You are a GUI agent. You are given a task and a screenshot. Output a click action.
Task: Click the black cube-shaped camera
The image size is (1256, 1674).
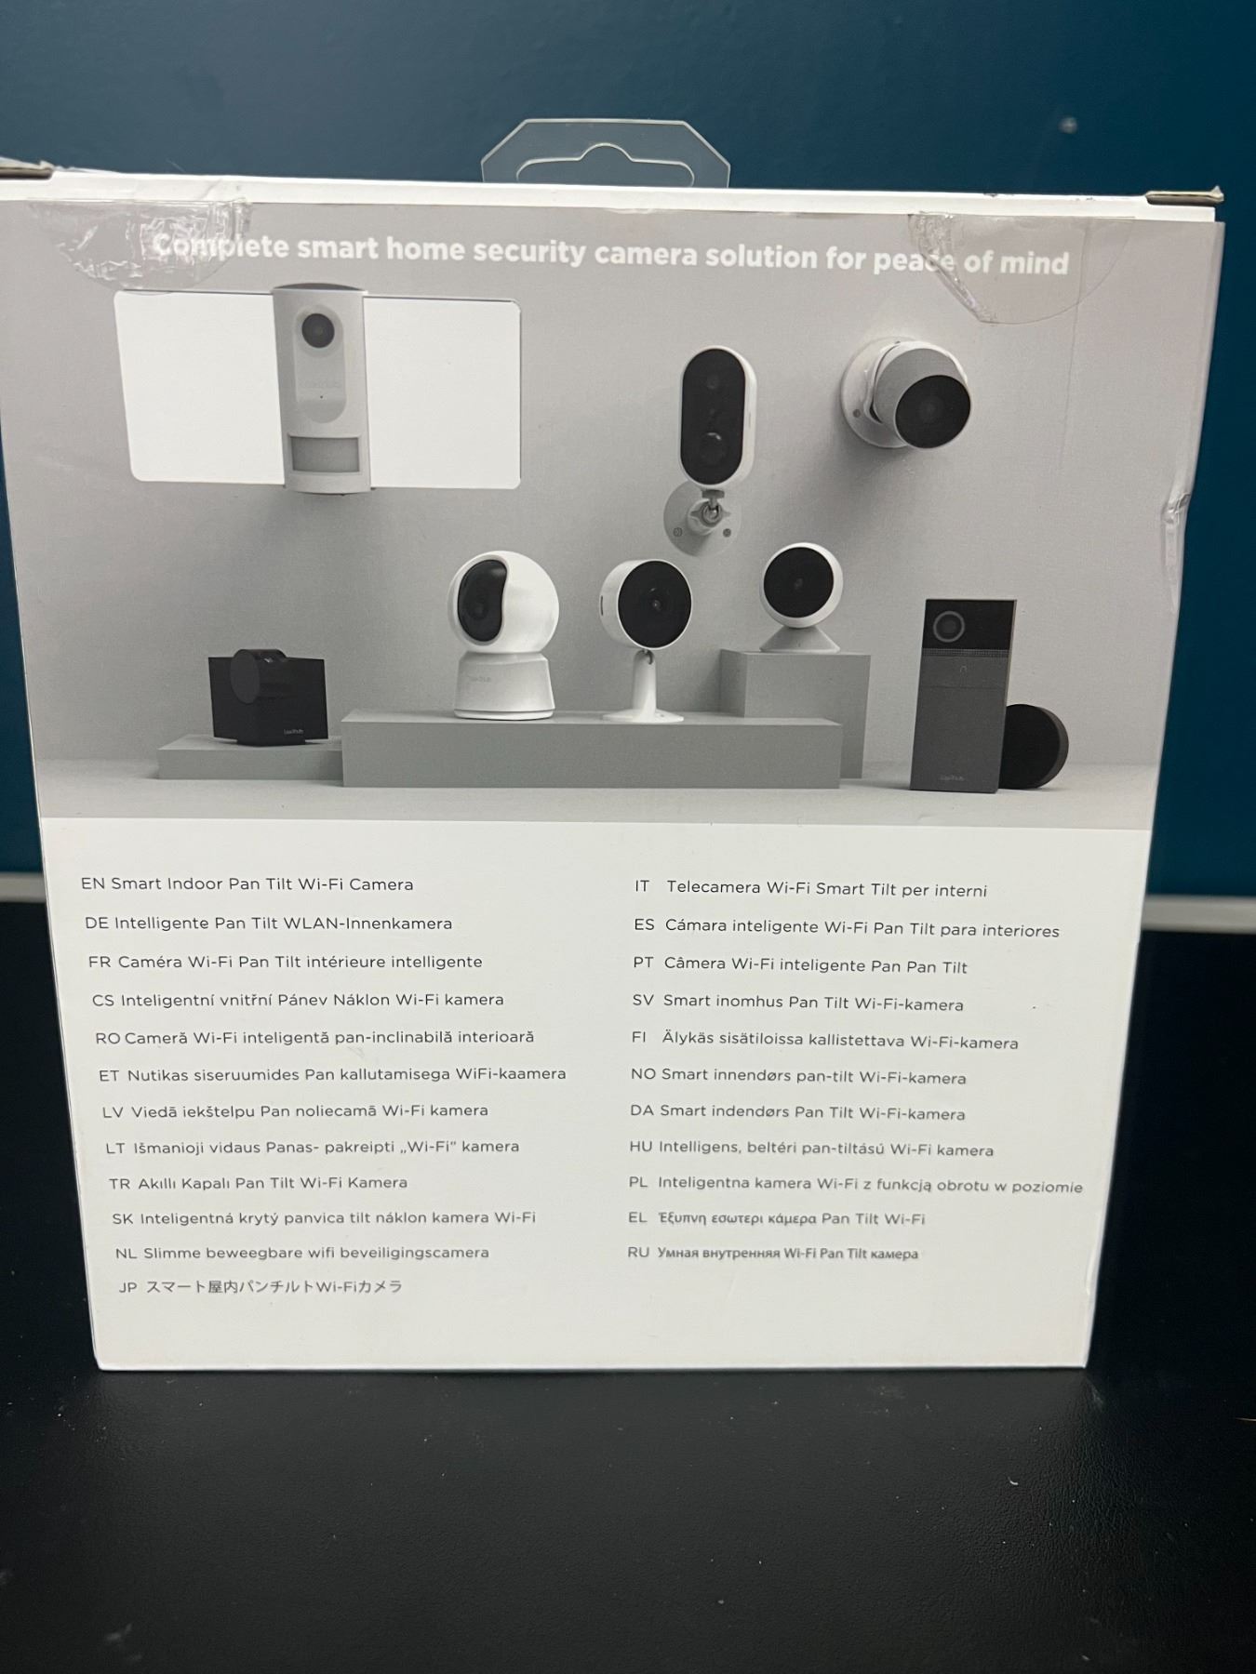point(267,697)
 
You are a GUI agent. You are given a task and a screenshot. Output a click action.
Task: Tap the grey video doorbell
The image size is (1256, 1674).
point(962,695)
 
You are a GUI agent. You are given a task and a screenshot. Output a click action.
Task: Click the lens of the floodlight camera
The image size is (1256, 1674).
point(317,327)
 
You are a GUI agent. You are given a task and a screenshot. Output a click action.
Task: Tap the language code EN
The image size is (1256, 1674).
point(92,884)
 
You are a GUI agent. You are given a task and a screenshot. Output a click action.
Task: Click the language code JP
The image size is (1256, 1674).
point(128,1288)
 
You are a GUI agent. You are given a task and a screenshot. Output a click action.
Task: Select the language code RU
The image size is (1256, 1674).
point(638,1253)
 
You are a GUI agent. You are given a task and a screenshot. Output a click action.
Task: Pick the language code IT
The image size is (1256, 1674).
point(642,886)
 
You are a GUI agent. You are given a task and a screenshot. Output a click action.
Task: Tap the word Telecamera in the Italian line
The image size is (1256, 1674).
point(713,887)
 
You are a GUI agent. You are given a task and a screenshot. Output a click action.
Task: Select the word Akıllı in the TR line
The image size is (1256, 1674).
point(160,1183)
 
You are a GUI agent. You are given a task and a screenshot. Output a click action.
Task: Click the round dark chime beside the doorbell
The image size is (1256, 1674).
point(1033,747)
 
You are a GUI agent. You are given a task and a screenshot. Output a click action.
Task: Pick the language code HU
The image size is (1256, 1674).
point(640,1148)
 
